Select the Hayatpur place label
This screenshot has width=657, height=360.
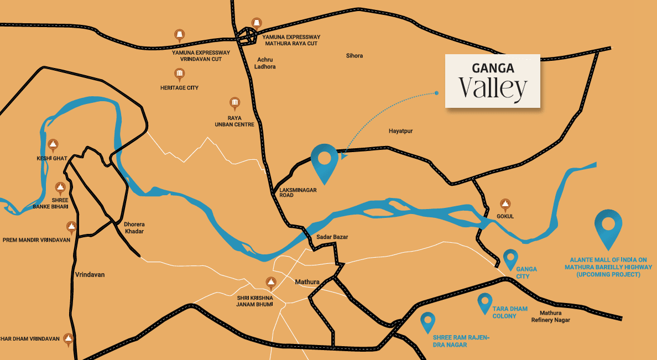pos(401,131)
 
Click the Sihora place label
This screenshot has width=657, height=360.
pos(354,56)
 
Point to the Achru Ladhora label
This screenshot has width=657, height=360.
pos(264,63)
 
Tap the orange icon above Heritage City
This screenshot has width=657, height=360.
pos(179,74)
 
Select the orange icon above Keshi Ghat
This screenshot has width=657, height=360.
pos(53,145)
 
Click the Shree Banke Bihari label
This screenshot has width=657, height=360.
pos(60,203)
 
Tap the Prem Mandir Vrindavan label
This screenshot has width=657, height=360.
pos(36,240)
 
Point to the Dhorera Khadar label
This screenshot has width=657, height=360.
pos(134,228)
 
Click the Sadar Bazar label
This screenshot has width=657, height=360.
pos(332,237)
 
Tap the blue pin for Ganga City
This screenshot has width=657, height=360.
pos(510,258)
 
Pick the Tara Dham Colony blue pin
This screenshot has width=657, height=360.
pos(485,302)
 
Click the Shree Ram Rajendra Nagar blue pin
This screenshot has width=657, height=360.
pos(427,321)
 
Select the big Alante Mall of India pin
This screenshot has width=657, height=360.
pos(608,228)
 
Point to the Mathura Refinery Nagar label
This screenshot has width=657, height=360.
pos(550,316)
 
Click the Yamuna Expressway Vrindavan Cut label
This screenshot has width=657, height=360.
pos(193,55)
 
